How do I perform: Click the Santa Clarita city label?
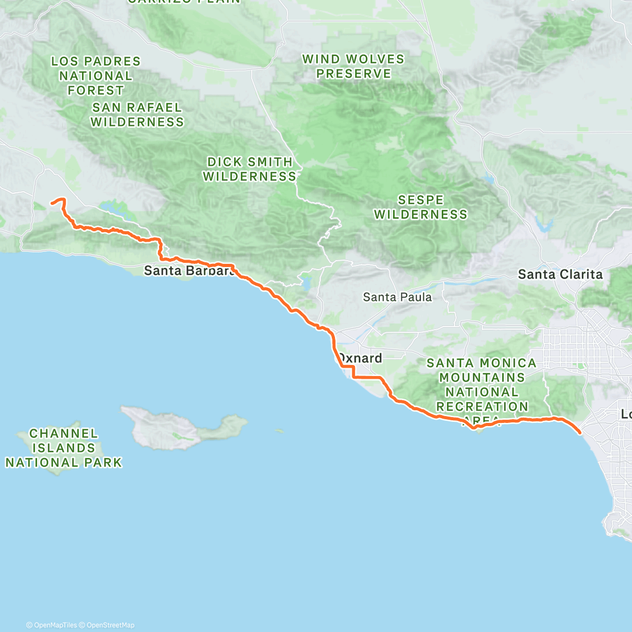(560, 274)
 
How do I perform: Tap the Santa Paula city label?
(397, 297)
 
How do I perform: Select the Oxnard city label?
(360, 359)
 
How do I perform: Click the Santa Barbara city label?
(189, 271)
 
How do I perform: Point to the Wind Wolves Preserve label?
(353, 66)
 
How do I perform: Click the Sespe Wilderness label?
(421, 207)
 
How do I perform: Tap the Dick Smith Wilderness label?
(250, 169)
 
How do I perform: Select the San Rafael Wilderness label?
(137, 115)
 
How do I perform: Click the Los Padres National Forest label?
(95, 76)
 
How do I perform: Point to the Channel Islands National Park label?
(64, 448)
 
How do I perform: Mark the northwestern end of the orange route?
(52, 202)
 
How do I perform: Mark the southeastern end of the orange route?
(580, 433)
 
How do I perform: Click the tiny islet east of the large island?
(279, 431)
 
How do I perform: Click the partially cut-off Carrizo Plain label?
(184, 2)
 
